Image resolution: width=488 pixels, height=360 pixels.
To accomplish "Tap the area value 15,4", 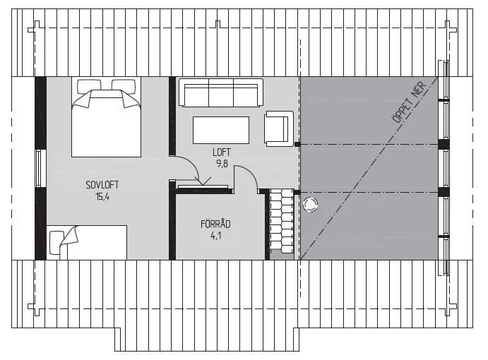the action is [102, 197].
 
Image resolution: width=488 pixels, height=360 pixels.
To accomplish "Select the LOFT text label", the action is [222, 152].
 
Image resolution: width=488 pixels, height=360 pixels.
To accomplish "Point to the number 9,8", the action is [222, 163].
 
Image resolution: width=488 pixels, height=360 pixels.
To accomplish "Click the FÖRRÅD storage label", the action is [215, 224].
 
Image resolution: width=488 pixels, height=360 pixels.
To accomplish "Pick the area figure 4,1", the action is [215, 236].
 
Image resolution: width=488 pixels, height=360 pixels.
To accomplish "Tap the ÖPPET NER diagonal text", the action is [409, 102].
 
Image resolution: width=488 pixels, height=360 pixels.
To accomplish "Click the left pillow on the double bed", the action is [89, 85].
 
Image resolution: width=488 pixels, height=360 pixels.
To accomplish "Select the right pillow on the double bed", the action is [124, 85].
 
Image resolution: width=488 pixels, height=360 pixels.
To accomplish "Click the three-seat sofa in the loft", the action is [220, 92].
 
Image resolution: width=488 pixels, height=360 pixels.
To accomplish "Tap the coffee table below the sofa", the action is [221, 130].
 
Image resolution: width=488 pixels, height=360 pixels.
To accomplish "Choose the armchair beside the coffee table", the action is [279, 128].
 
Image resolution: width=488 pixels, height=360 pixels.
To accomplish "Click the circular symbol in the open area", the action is [310, 205].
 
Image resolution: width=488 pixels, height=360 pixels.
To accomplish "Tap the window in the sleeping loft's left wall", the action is [39, 168].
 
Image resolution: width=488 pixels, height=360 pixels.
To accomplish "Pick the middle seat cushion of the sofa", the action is [220, 93].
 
